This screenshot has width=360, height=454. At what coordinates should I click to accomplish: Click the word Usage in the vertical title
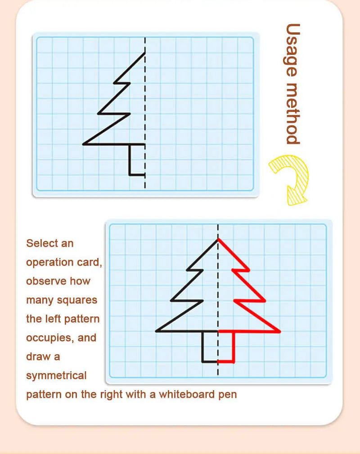pos(292,50)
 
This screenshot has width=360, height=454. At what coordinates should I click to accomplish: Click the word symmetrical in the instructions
pos(56,375)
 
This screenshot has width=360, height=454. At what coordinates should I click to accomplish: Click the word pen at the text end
pos(228,395)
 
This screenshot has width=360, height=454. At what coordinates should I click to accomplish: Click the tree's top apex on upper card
pos(145,53)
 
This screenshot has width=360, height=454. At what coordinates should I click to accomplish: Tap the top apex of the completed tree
pos(218,239)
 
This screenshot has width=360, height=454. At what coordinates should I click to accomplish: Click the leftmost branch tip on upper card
pos(84,144)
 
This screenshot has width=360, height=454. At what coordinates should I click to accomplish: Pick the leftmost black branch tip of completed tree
pos(156,331)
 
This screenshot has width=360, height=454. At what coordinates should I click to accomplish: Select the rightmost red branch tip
pos(280,332)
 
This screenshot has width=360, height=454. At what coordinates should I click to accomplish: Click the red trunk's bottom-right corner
pos(234,361)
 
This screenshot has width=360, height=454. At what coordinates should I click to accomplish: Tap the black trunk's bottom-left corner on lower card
pos(202,361)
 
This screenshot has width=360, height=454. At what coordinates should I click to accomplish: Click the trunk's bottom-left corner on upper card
pos(130,174)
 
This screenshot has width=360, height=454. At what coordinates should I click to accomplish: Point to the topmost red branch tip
pos(249,270)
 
